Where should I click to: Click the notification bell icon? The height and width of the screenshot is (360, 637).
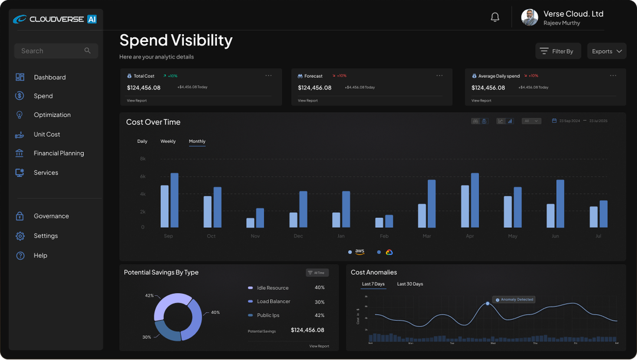tap(495, 17)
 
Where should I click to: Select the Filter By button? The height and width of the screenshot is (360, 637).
tap(558, 51)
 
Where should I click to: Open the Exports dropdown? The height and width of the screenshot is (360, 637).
tap(606, 51)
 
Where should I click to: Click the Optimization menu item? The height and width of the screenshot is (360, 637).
tap(52, 115)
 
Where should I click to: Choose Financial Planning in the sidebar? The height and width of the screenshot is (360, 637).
tap(58, 153)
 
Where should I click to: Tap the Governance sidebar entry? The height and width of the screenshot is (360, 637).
tap(51, 216)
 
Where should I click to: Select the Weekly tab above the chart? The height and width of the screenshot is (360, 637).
tap(168, 142)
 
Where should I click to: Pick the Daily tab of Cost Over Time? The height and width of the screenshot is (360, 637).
tap(142, 142)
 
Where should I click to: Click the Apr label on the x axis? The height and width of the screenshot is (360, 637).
tap(469, 236)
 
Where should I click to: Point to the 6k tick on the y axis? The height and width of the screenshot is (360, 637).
tap(142, 176)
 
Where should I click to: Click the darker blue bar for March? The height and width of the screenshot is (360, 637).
tap(431, 204)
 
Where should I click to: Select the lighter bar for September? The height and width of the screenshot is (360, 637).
tap(165, 207)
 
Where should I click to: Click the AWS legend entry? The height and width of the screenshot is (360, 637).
tap(357, 252)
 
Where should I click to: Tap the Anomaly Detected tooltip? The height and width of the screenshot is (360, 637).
tap(514, 300)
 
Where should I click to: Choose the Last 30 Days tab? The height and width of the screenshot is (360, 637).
tap(410, 284)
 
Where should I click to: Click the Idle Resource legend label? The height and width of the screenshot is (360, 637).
tap(272, 288)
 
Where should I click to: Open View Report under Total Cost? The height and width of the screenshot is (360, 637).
tap(137, 101)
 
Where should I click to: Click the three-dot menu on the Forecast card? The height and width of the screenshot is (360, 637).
tap(439, 76)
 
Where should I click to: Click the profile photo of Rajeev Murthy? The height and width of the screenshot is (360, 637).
tap(530, 17)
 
